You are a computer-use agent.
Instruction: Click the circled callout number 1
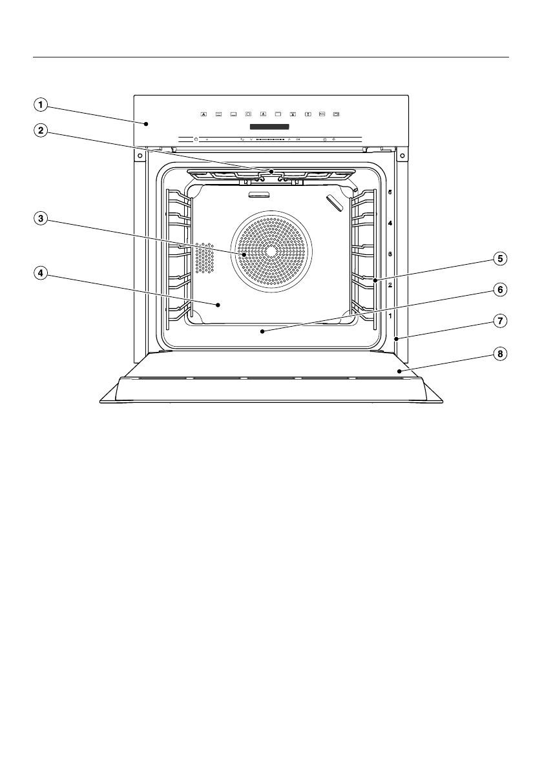(41, 103)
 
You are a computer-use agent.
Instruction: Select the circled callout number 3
(41, 219)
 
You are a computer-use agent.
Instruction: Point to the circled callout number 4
(41, 273)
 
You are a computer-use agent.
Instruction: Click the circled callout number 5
(499, 258)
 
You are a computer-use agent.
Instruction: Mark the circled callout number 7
(499, 320)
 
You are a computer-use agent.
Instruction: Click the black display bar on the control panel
(270, 126)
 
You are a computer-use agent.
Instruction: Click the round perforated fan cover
(271, 251)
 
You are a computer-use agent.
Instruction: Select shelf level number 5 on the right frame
(390, 192)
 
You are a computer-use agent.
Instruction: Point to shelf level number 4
(390, 223)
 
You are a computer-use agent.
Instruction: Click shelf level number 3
(390, 254)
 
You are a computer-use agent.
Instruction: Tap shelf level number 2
(390, 284)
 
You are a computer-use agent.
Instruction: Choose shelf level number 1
(390, 316)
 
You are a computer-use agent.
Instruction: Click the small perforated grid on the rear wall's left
(205, 258)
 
